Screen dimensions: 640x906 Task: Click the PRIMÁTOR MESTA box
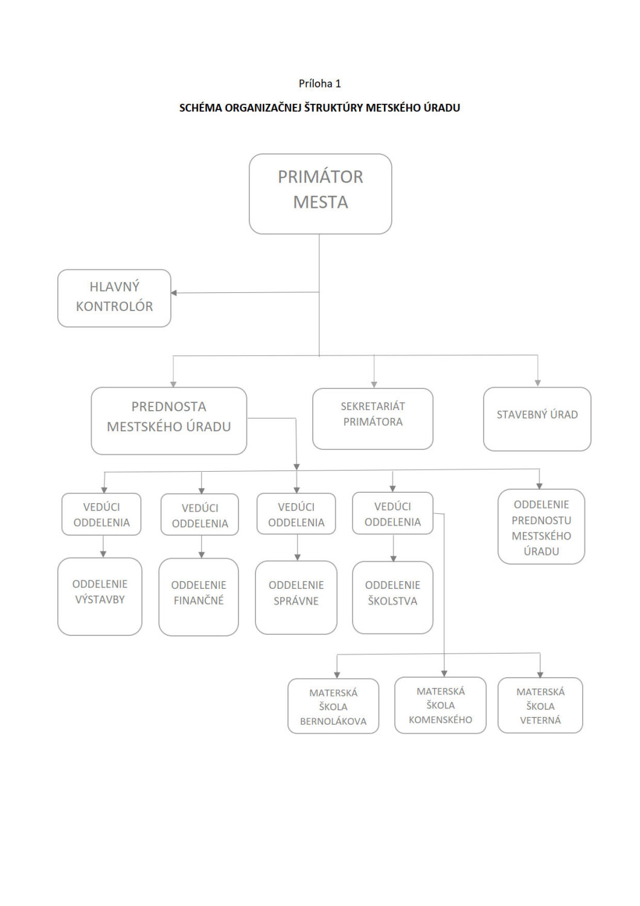click(x=320, y=194)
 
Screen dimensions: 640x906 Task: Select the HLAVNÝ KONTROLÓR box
click(x=115, y=298)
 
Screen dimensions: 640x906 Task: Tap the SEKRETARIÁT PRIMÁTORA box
click(x=373, y=419)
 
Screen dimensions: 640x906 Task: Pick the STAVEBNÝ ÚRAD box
click(x=537, y=419)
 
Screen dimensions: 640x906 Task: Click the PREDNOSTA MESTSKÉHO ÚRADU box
click(x=169, y=420)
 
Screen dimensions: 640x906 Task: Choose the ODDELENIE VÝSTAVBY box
click(x=100, y=596)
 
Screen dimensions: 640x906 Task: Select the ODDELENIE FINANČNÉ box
click(x=199, y=597)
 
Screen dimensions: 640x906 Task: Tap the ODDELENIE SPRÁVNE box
click(x=296, y=597)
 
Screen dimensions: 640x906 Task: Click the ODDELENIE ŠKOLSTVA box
click(x=392, y=597)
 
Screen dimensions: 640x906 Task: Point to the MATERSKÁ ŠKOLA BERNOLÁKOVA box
click(x=333, y=706)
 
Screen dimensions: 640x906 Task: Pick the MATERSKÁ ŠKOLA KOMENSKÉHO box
click(x=440, y=705)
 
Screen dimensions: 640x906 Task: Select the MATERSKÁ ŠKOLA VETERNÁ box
click(x=540, y=705)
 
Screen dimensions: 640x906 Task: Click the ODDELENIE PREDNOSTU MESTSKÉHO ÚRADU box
click(x=542, y=527)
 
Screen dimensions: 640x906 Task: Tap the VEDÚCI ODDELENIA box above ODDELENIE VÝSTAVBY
click(x=101, y=514)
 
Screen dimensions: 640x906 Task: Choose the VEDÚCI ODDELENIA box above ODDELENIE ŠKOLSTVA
click(x=392, y=513)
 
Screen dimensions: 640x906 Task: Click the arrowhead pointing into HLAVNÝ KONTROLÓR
click(x=174, y=293)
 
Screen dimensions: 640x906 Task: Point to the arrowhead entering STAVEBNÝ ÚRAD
click(x=538, y=383)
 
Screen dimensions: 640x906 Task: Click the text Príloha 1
click(x=320, y=84)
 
